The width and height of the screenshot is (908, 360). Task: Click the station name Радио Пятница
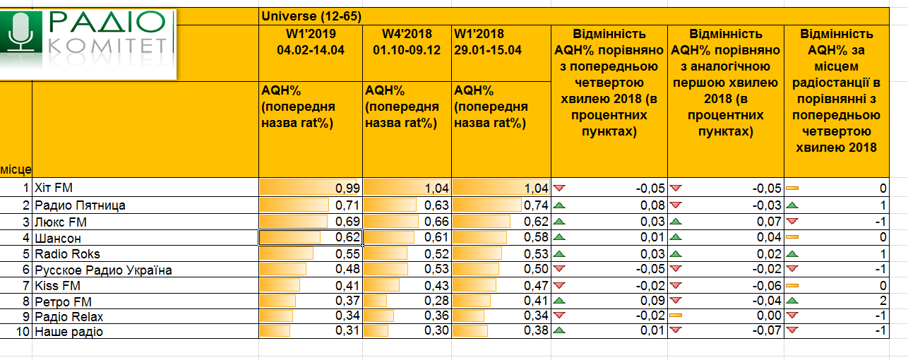[x=80, y=205]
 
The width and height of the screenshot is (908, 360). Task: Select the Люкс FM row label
[x=60, y=222]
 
